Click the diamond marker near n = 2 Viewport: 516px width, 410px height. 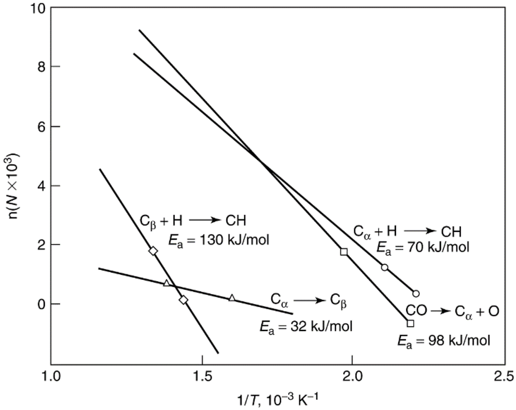[153, 251]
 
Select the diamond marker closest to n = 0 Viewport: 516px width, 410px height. [183, 300]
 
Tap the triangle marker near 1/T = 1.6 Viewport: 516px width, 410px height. [232, 298]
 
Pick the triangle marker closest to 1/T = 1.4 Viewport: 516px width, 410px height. [167, 283]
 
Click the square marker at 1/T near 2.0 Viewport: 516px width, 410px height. [344, 252]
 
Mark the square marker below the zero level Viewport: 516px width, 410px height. [410, 323]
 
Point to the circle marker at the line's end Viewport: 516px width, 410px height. [416, 294]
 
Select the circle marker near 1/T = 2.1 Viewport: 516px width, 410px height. [384, 267]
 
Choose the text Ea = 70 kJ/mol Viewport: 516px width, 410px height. [423, 247]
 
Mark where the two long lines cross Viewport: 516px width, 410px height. [260, 161]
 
